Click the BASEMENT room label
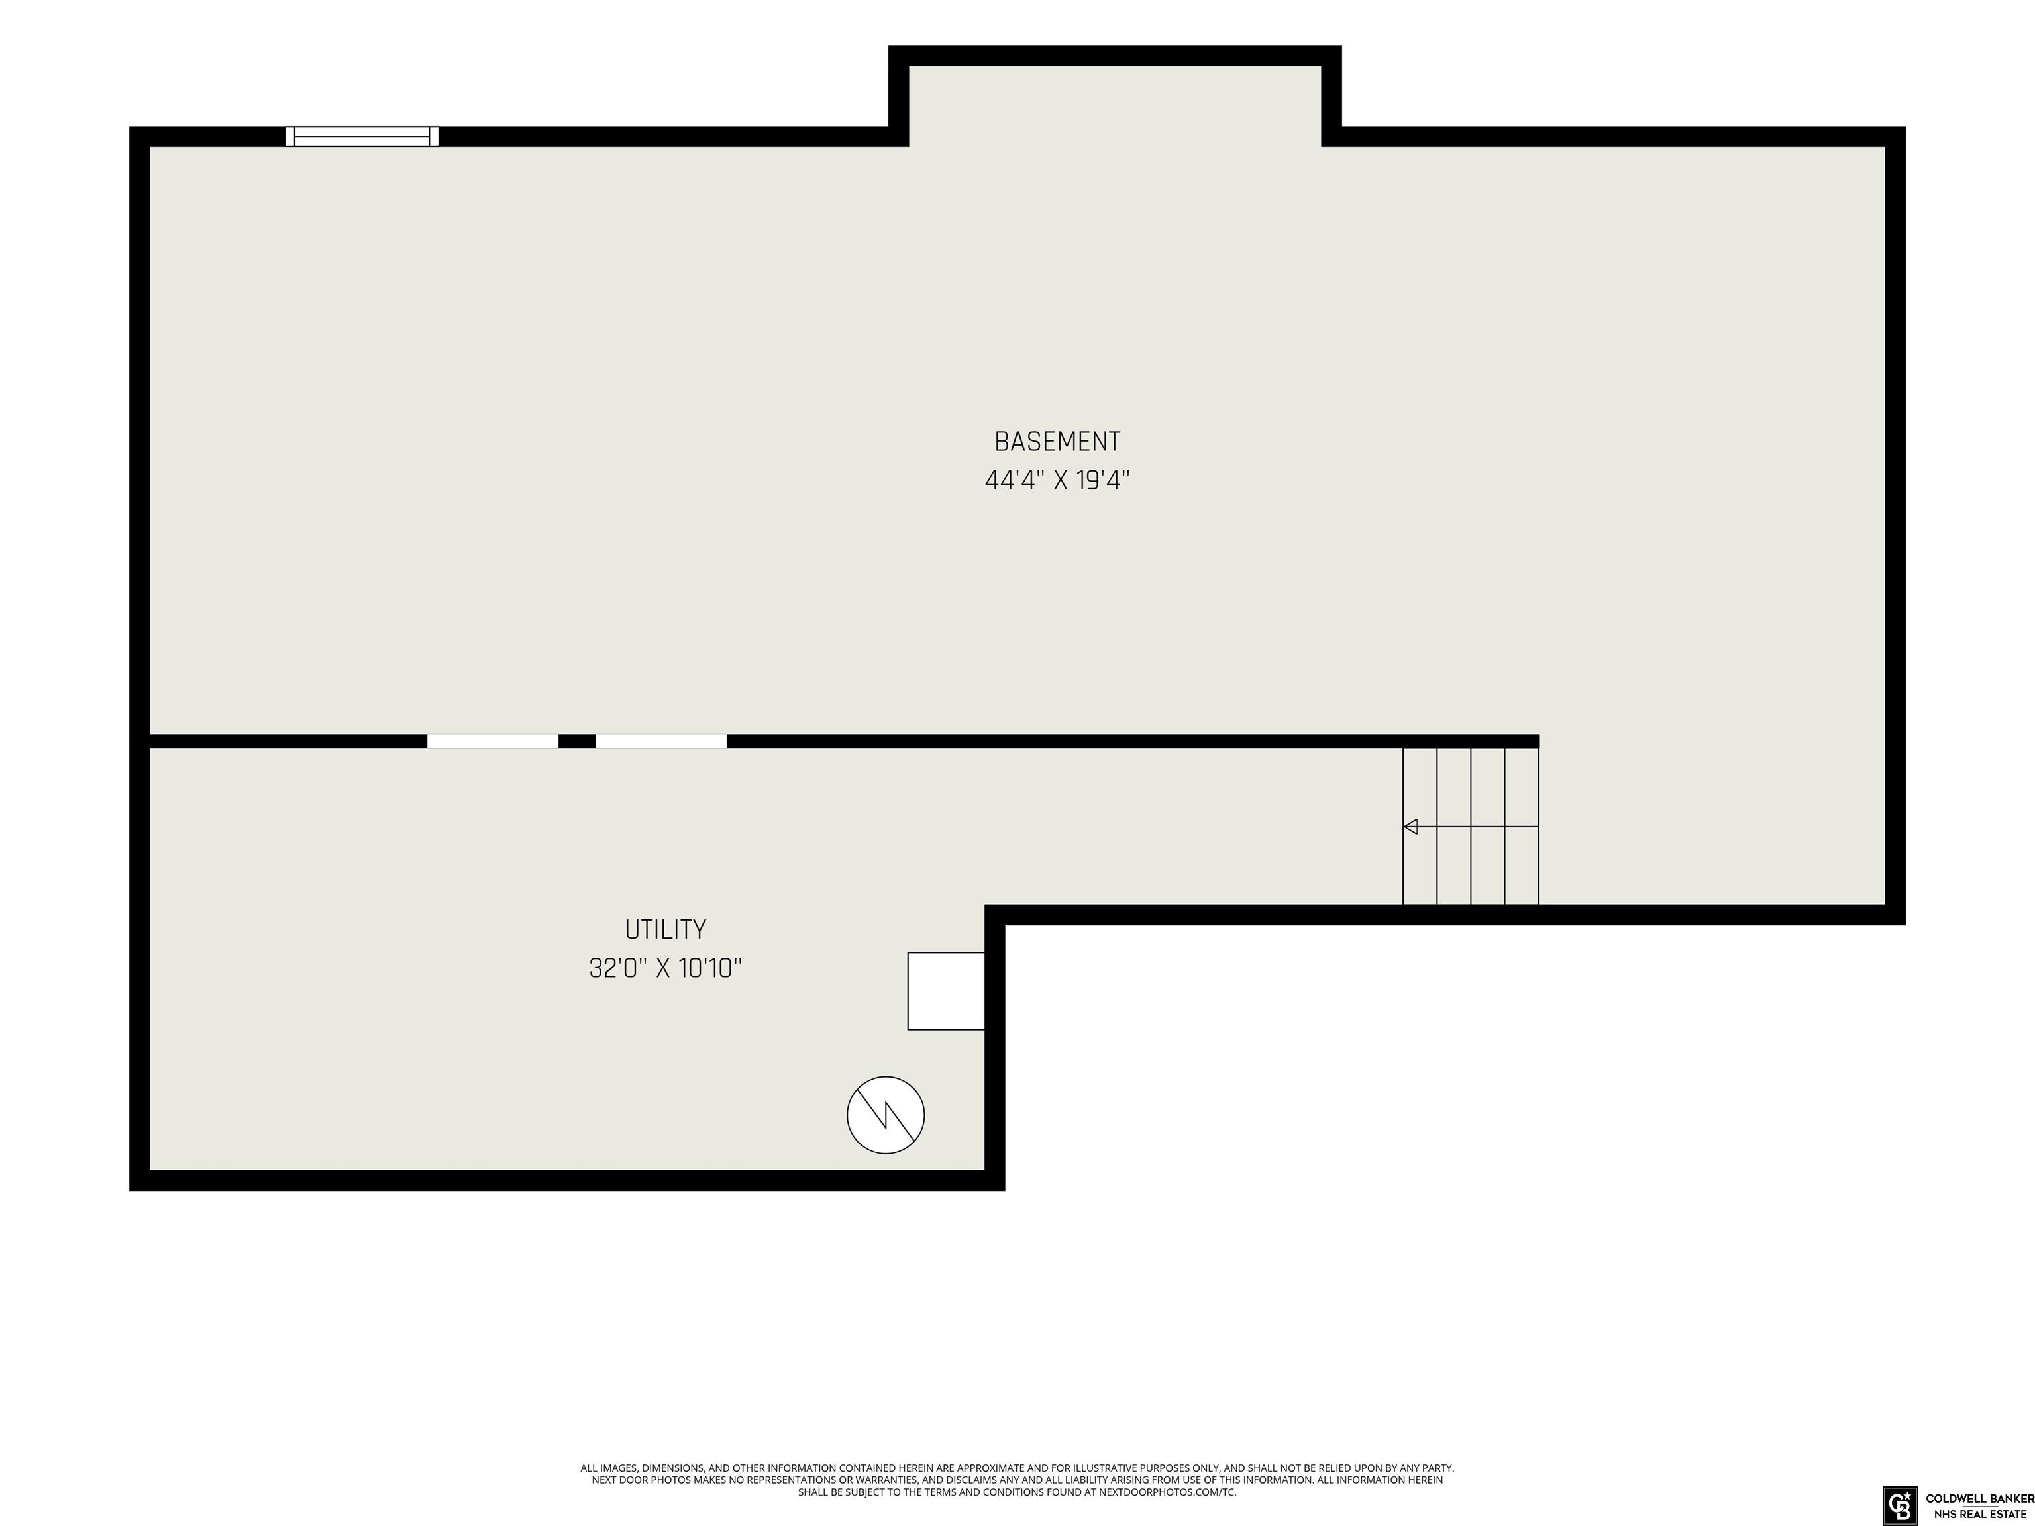click(x=1057, y=442)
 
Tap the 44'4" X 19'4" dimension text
click(x=1057, y=480)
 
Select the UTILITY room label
click(x=665, y=930)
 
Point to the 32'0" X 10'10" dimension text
click(x=665, y=968)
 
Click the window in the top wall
click(x=362, y=136)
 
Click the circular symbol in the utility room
click(x=885, y=1115)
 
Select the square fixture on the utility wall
click(x=946, y=991)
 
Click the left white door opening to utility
click(x=492, y=741)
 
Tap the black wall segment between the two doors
click(x=577, y=741)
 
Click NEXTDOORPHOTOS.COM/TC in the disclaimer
click(x=1167, y=1492)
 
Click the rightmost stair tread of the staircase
click(x=1522, y=826)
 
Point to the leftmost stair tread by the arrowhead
click(x=1420, y=826)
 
